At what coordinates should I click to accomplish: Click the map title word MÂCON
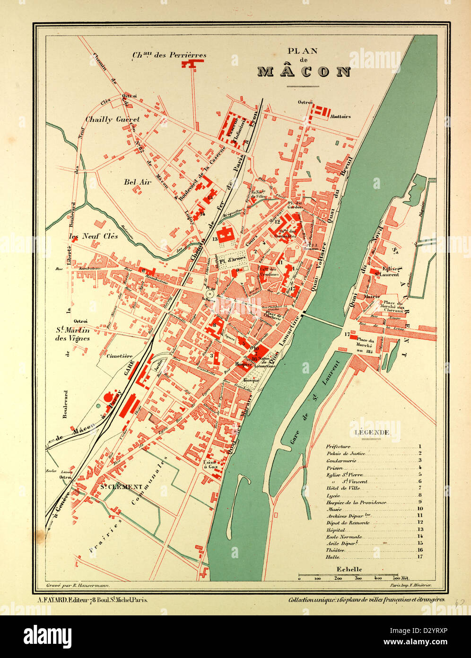304,72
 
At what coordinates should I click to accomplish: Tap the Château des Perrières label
169,55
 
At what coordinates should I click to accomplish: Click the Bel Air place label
137,182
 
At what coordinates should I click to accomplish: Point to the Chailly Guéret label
113,120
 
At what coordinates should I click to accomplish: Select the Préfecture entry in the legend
339,446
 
